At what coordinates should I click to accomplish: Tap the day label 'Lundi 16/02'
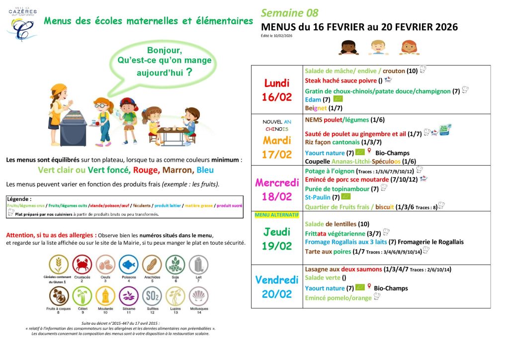click(277, 90)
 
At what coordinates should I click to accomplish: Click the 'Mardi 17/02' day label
click(277, 147)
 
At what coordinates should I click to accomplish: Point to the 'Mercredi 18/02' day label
click(277, 189)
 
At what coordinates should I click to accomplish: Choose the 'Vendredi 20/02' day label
click(277, 287)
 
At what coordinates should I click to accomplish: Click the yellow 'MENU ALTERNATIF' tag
click(276, 215)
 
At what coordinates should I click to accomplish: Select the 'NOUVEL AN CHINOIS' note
click(277, 125)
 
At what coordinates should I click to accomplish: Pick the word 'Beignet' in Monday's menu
click(316, 107)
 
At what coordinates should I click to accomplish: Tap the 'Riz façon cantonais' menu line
click(332, 142)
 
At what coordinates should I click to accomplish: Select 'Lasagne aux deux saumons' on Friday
click(343, 270)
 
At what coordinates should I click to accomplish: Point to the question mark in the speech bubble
click(189, 72)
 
